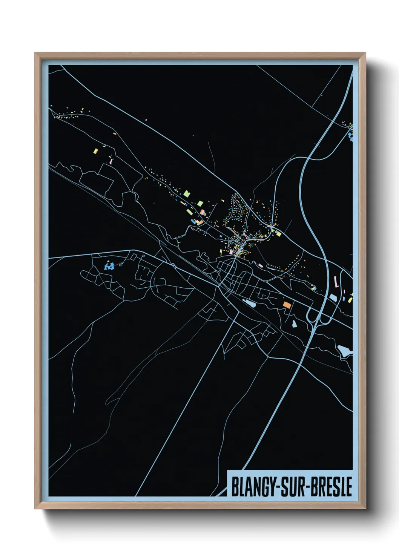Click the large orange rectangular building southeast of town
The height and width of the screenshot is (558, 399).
(x=287, y=305)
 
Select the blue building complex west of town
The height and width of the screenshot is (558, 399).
(x=109, y=267)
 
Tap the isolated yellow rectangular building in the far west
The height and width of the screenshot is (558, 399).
(x=96, y=151)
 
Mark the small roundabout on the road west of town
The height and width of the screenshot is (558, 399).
(x=173, y=265)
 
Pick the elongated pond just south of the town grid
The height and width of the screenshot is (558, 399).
(x=249, y=302)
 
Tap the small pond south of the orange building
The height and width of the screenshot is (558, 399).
(x=293, y=323)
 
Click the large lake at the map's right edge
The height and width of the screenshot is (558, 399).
(x=344, y=351)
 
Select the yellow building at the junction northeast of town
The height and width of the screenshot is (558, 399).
(x=279, y=233)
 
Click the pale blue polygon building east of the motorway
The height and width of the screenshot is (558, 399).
(x=333, y=297)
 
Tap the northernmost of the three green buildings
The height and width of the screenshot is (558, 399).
(x=186, y=194)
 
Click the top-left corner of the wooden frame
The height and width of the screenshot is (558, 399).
(x=35, y=53)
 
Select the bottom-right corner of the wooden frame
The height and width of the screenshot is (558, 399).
(x=365, y=509)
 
